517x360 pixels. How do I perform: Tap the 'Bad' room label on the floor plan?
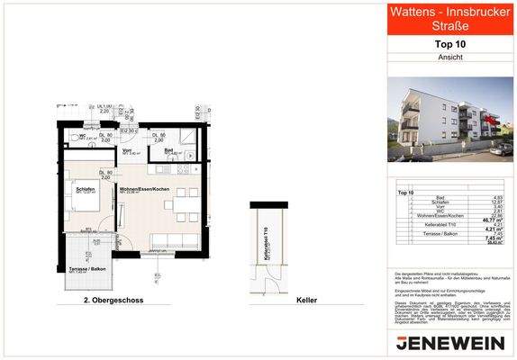click(168, 151)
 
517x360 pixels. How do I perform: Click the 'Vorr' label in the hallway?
click(140, 151)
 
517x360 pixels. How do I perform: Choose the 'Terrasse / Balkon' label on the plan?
click(86, 269)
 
